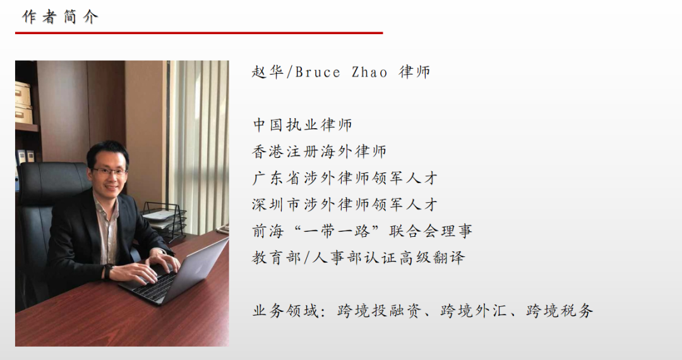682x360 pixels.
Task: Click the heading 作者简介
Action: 60,17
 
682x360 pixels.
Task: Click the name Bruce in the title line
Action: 318,72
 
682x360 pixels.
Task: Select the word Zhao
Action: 369,72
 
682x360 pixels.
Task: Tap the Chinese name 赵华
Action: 268,72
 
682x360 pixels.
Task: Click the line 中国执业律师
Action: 302,125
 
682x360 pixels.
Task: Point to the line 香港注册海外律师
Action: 320,152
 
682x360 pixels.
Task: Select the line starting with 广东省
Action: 345,178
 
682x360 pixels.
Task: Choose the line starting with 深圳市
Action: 345,205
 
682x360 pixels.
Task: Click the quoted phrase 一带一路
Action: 337,231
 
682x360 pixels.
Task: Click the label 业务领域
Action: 285,311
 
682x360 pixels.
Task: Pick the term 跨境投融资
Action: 379,311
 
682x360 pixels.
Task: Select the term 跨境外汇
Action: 473,311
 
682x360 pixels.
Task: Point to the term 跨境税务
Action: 559,311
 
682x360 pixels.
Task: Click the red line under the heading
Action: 199,33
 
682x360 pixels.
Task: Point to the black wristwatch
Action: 107,272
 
